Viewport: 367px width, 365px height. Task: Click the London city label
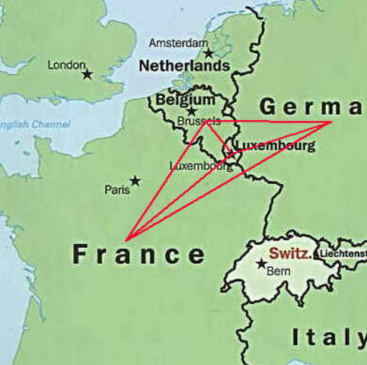coord(66,65)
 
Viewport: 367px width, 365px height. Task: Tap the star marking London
coord(88,75)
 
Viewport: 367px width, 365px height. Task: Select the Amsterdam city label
coord(177,43)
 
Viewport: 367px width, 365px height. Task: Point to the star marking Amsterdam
coord(208,53)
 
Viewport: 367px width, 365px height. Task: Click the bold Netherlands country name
coord(183,66)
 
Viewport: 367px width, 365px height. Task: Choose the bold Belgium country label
coord(185,100)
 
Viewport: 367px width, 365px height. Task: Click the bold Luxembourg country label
coord(275,145)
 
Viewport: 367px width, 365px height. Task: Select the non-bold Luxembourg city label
coord(201,166)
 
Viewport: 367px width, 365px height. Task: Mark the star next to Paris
coord(135,181)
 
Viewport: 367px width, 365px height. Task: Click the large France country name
coord(139,254)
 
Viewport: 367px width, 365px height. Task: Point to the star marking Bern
coord(262,264)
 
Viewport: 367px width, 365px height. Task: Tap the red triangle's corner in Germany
coord(331,122)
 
